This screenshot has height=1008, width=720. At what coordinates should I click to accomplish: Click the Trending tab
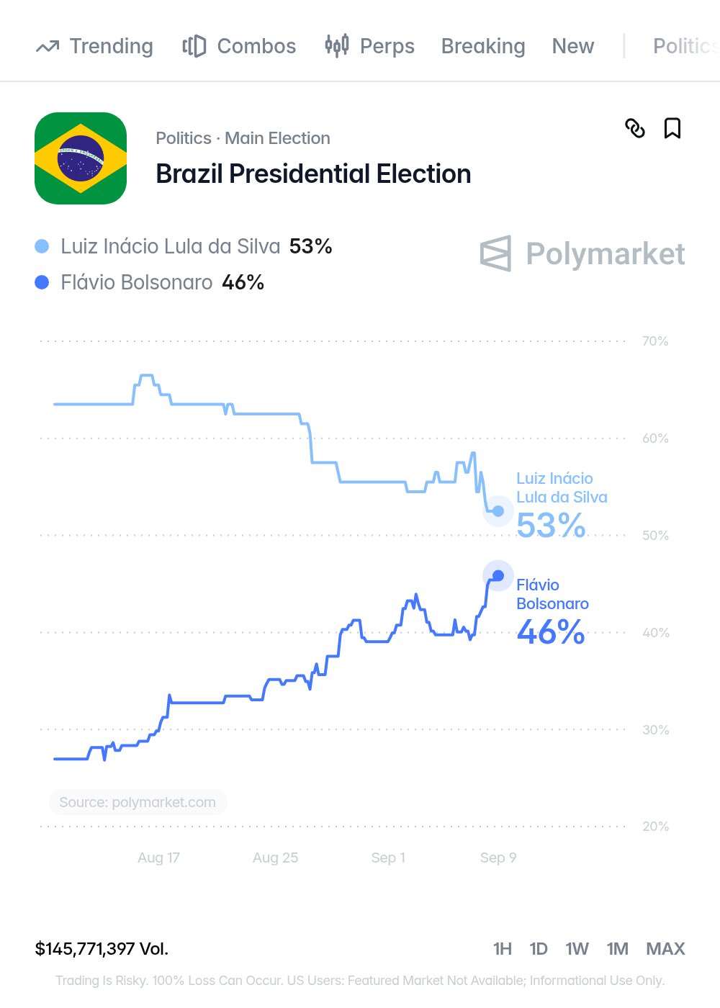[94, 46]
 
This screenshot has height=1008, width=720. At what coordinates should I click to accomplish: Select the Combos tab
[239, 46]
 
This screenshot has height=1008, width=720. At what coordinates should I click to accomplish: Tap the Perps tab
[369, 46]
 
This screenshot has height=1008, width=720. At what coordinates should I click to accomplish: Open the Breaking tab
[483, 46]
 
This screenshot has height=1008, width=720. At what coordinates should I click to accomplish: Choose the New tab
[573, 46]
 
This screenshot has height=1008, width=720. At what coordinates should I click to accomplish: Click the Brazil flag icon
[81, 158]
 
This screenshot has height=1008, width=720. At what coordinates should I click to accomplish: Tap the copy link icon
[635, 128]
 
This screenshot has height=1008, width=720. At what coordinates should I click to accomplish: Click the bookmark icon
[672, 128]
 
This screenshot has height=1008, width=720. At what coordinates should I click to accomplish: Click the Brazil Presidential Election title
[313, 174]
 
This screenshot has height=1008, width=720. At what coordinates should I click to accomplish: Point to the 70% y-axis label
[654, 341]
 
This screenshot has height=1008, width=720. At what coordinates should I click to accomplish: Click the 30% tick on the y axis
[655, 729]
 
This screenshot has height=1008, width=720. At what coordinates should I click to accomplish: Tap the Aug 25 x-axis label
[275, 858]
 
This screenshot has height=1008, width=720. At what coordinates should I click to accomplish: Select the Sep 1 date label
[388, 858]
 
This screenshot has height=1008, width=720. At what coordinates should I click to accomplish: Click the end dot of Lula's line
[498, 510]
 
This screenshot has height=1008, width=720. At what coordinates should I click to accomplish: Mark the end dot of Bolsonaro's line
[498, 575]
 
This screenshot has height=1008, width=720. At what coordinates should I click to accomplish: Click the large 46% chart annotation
[551, 632]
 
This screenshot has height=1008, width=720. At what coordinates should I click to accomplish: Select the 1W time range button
[577, 949]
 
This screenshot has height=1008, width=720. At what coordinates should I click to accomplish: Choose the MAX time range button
[665, 949]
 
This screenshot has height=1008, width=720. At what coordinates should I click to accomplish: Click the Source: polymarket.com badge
[138, 802]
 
